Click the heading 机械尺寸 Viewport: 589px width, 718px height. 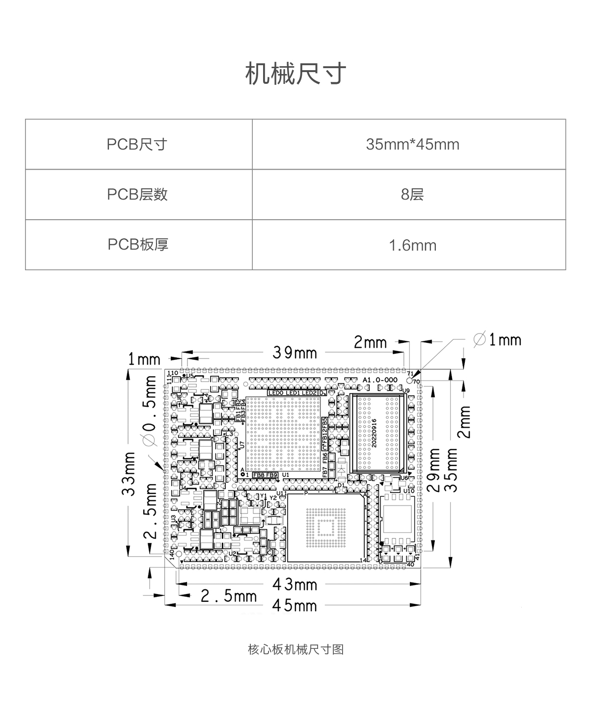coord(295,74)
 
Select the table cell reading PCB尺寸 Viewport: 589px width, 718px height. coord(137,145)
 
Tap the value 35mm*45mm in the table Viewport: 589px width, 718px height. coord(412,145)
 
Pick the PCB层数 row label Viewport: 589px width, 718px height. coord(137,195)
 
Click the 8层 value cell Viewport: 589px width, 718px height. coord(412,195)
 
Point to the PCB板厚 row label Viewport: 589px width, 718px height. coord(138,244)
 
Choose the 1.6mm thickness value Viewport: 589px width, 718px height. coord(412,245)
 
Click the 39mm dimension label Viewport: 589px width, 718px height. coord(295,352)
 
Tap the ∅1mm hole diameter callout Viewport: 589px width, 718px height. coord(497,339)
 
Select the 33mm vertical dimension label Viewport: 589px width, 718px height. coord(129,474)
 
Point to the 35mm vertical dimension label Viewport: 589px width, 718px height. coord(451,469)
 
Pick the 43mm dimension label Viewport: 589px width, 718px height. coord(295,584)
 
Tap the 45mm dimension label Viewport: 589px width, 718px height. coord(295,605)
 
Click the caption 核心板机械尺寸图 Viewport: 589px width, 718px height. coord(295,649)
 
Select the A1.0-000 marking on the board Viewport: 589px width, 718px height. coord(380,380)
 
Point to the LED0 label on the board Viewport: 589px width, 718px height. coord(276,393)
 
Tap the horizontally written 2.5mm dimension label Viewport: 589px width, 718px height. coord(229,596)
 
